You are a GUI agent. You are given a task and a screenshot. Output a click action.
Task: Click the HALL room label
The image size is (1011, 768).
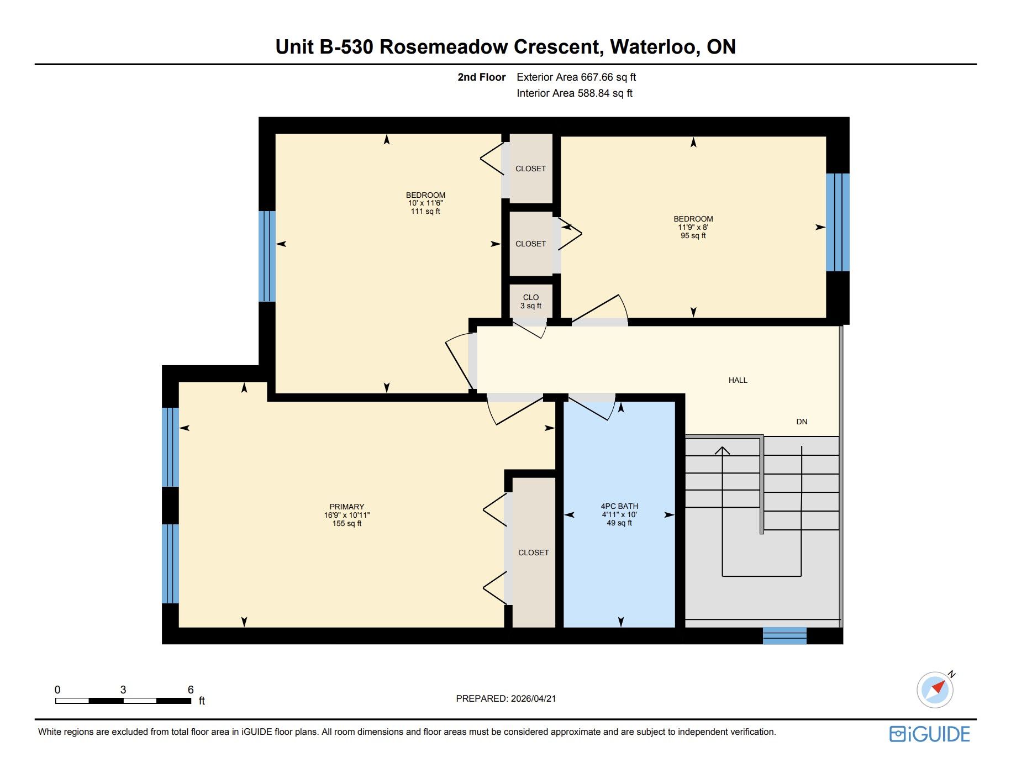click(738, 380)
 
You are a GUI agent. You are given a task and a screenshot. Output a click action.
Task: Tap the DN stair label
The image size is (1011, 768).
click(802, 422)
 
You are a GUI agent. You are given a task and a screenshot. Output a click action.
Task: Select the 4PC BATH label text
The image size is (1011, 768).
click(619, 506)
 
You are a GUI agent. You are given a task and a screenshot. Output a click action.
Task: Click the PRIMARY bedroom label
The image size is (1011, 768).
click(347, 507)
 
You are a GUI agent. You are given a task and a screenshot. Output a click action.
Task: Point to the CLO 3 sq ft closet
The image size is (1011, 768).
click(531, 301)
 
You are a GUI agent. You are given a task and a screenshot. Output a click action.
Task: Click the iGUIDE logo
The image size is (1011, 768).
click(930, 734)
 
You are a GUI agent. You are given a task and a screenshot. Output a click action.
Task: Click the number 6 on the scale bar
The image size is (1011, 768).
click(191, 690)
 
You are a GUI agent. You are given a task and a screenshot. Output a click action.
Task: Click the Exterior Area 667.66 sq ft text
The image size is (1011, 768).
click(576, 77)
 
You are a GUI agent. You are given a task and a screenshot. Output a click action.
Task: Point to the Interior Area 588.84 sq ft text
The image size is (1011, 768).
click(575, 93)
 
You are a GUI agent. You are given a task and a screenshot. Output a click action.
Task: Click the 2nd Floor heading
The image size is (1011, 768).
click(482, 77)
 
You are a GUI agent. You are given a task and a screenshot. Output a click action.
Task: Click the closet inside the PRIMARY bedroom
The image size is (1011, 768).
click(534, 553)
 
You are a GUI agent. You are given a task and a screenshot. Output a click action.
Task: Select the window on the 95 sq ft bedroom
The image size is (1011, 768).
click(838, 222)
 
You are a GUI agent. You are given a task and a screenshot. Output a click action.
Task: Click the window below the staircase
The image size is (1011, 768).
click(784, 636)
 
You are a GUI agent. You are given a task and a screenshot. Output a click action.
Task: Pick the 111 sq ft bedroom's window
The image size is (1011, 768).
click(267, 256)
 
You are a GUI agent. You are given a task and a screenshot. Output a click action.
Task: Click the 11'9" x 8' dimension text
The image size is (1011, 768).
click(693, 227)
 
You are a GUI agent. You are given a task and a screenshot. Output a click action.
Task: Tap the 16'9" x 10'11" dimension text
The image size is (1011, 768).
click(347, 515)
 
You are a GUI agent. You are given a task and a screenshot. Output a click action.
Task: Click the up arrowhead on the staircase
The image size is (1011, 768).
click(722, 450)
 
